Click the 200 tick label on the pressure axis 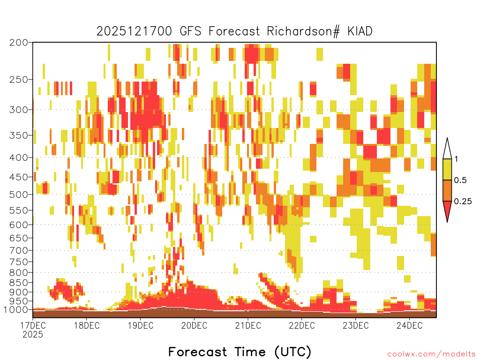[x=18, y=43]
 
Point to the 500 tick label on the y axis [x=18, y=195]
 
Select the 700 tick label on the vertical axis [x=18, y=250]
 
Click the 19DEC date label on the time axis [x=141, y=325]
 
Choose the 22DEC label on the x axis [x=302, y=325]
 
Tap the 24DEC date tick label [x=410, y=325]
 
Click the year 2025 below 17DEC [x=33, y=334]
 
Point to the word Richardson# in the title [x=303, y=31]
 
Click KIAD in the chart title [x=360, y=31]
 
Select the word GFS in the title [x=190, y=31]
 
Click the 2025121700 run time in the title [x=135, y=31]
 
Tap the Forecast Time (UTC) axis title [x=240, y=352]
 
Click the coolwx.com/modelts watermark [x=431, y=354]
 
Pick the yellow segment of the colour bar [x=447, y=169]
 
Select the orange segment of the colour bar [x=447, y=190]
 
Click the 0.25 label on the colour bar [x=463, y=202]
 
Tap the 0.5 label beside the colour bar [x=460, y=180]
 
